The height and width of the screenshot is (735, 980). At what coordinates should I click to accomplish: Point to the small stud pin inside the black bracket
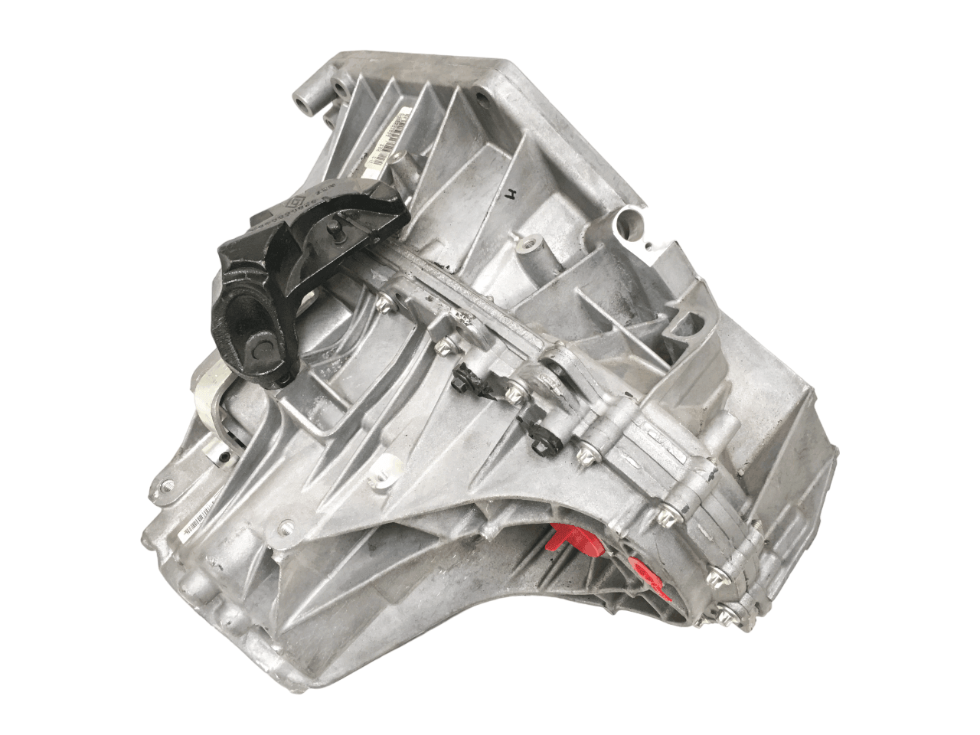tap(335, 228)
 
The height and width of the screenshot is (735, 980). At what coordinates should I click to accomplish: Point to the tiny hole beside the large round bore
tap(653, 243)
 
